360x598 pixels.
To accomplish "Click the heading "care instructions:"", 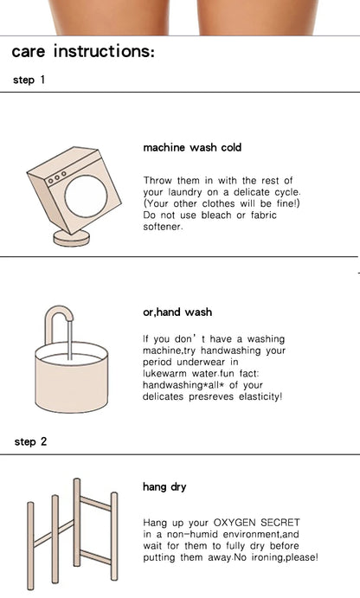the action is point(83,51).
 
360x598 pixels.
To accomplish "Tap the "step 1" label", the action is point(29,80).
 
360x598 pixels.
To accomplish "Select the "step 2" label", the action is point(30,441).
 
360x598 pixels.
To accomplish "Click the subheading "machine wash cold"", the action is point(192,148).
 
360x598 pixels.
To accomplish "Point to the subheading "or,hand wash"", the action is point(177,312).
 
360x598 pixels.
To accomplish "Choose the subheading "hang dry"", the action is point(164,487).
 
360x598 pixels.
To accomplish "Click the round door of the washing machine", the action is point(86,196).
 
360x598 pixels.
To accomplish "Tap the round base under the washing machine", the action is point(71,238).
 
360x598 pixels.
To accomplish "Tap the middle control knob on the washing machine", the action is point(57,177).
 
